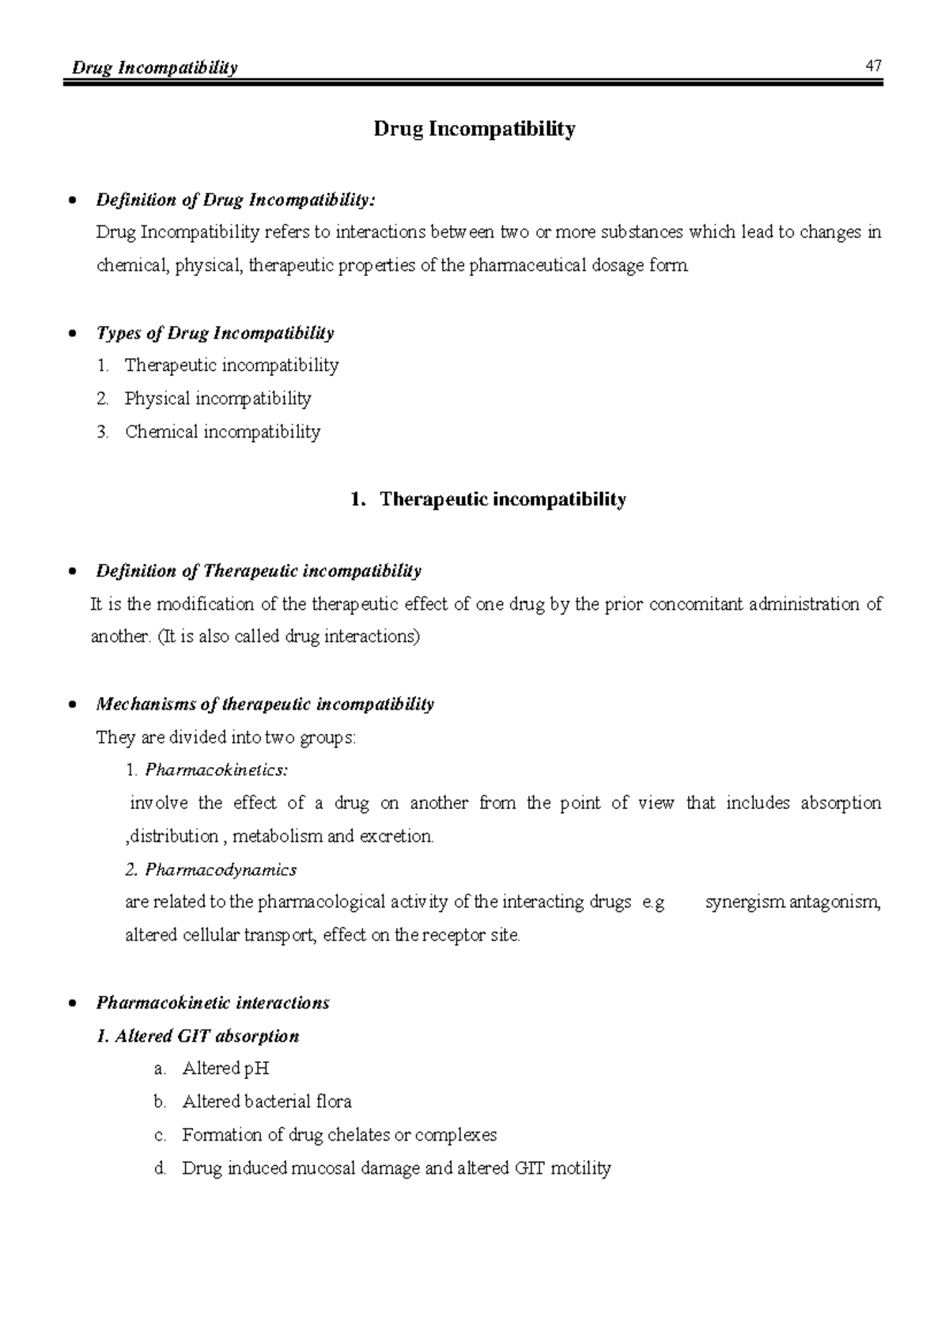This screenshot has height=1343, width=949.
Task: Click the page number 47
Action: coord(873,66)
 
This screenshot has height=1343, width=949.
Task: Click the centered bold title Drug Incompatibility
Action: coord(475,129)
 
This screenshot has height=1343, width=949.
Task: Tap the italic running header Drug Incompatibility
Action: coord(154,68)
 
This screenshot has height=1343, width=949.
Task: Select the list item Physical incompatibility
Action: coord(217,399)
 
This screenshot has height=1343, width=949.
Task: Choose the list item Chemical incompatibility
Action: coord(222,432)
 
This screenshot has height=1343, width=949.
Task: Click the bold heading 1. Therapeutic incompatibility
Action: coord(488,500)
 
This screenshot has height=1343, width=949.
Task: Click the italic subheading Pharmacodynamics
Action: coord(221,870)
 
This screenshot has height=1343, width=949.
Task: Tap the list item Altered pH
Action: coord(225,1069)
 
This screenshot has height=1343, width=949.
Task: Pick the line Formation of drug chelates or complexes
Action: coord(339,1135)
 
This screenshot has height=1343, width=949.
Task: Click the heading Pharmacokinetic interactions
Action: coord(212,1003)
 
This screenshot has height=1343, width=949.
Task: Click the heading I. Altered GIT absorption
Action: coord(197,1036)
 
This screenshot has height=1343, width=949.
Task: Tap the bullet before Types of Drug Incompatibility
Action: coord(73,334)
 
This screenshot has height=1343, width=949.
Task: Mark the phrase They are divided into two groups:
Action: coord(226,738)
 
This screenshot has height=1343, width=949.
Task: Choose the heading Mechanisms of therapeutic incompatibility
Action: coord(265,704)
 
